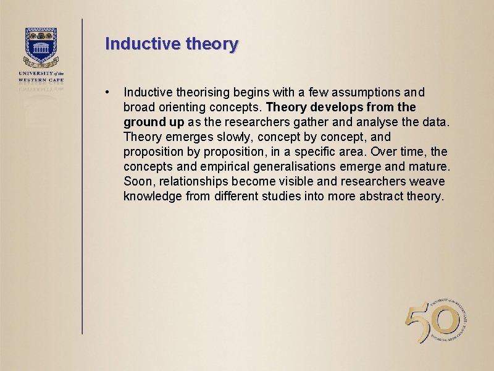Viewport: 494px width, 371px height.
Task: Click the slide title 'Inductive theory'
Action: (171, 44)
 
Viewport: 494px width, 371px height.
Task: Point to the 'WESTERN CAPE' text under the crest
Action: (41, 79)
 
